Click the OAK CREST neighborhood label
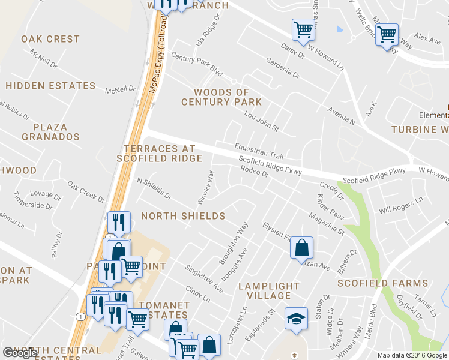(50, 39)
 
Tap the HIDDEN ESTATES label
(50, 86)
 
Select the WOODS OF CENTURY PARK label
(221, 97)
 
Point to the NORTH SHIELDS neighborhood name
(183, 216)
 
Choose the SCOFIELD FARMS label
(383, 283)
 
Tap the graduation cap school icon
(296, 319)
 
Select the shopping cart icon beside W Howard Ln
(303, 28)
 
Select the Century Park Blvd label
(196, 64)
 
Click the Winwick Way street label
(206, 187)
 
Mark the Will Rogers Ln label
(401, 206)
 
